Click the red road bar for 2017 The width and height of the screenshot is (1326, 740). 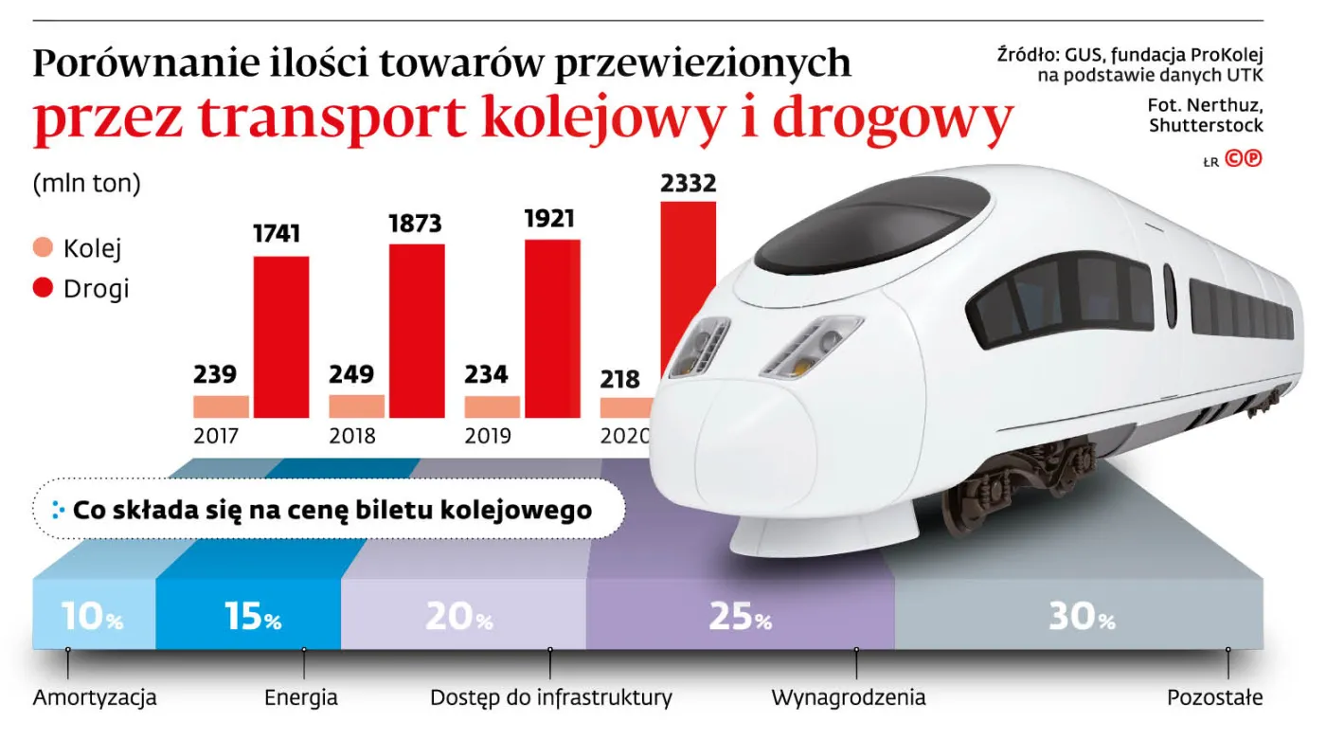(281, 337)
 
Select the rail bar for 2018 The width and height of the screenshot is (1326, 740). (357, 406)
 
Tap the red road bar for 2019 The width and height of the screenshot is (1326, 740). (552, 329)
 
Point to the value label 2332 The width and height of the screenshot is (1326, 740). (689, 183)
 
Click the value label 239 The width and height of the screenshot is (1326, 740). (217, 374)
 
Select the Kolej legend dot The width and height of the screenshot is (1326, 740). (43, 249)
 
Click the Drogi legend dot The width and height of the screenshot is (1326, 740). (43, 288)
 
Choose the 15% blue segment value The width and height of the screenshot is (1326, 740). (253, 617)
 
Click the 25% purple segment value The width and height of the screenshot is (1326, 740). (740, 617)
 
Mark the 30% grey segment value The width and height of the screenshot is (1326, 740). (1082, 617)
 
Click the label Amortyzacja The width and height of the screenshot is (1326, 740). (95, 699)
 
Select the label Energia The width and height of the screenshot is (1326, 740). (301, 699)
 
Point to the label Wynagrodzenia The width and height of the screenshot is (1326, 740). (849, 699)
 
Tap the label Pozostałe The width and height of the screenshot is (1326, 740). (1214, 699)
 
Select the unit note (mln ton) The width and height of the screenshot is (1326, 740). (86, 184)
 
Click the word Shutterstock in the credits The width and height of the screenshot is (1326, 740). (1206, 126)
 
